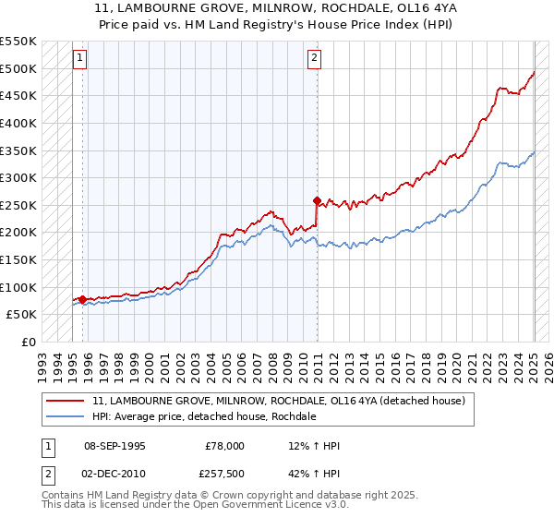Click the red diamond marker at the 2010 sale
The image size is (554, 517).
coord(317,199)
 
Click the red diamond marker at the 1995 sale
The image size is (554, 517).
coord(82,299)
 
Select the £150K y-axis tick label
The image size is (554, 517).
coord(20,259)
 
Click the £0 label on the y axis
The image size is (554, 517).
coord(29,342)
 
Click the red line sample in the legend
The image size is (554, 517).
coord(66,401)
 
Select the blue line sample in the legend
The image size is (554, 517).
coord(66,416)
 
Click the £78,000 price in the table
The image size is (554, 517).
coord(224,446)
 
